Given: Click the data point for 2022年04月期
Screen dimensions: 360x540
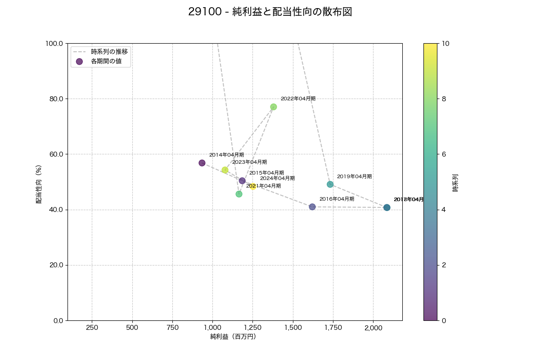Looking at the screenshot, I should pos(273,107).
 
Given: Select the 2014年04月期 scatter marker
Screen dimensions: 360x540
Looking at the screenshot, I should pos(202,163).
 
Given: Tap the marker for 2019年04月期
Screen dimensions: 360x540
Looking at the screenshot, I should pos(330,184).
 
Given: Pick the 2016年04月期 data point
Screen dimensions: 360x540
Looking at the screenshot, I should pos(312,207).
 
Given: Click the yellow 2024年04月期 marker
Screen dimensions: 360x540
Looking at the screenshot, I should pos(253,186).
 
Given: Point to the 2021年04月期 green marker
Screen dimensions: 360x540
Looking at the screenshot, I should pos(239,194).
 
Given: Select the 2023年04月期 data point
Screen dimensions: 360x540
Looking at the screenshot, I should pos(225,170).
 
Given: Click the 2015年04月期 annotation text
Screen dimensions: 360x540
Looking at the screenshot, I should pos(266,173).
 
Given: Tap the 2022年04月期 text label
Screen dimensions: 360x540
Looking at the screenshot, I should pos(298,99).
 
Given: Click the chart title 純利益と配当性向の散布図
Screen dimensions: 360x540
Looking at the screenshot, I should pos(270,12).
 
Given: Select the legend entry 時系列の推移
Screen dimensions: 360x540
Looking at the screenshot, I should pos(109,51).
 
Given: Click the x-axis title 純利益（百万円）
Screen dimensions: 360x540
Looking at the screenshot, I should pos(233,337).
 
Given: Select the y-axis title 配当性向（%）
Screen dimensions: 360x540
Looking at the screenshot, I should pos(39,182).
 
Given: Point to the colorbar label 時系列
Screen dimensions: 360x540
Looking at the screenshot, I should pos(455,182).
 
